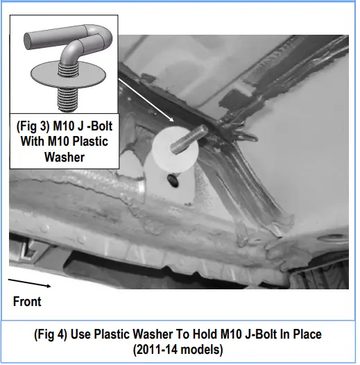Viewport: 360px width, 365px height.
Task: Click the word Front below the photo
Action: click(27, 301)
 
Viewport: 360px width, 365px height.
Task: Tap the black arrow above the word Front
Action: click(29, 283)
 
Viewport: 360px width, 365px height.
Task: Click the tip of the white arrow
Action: click(174, 121)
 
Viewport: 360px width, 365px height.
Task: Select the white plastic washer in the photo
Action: click(175, 149)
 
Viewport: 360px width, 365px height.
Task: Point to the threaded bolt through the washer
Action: click(189, 139)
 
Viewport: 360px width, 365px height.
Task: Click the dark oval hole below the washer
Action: click(173, 181)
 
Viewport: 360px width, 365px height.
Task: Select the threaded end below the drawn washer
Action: click(67, 99)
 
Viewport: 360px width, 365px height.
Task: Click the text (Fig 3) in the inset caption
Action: click(33, 126)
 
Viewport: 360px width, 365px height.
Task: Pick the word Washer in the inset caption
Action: click(65, 157)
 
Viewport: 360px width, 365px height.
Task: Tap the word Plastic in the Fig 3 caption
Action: click(90, 142)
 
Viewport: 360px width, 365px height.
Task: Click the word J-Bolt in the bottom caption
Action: click(261, 334)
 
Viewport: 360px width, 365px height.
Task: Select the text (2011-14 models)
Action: click(178, 350)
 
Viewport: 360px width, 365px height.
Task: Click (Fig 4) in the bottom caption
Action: click(51, 334)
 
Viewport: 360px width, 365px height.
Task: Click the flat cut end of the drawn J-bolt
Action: click(28, 41)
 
